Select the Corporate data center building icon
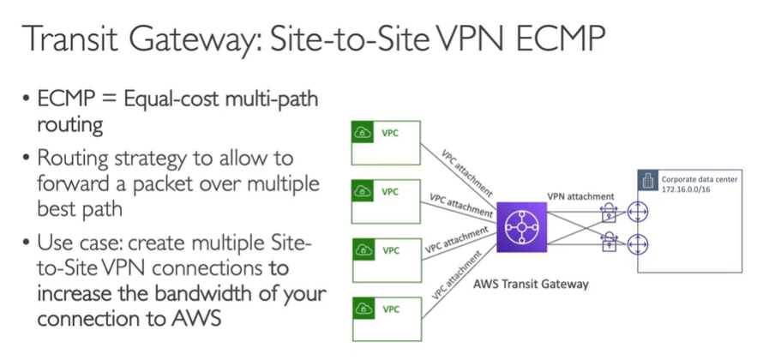pos(649,180)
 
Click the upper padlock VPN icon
pos(610,211)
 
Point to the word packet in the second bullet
pos(159,184)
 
